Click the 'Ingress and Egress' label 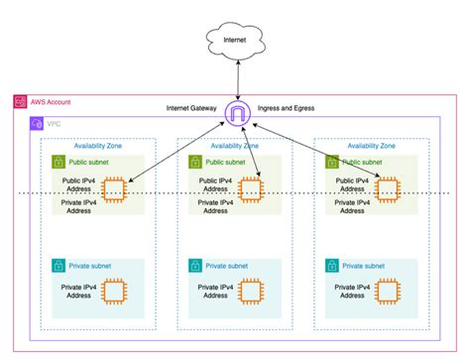click(x=287, y=106)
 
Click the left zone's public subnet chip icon click(x=113, y=187)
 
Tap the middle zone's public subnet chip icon click(x=249, y=187)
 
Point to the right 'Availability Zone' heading click(x=372, y=145)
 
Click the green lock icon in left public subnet click(x=59, y=161)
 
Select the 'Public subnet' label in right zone click(x=365, y=161)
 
